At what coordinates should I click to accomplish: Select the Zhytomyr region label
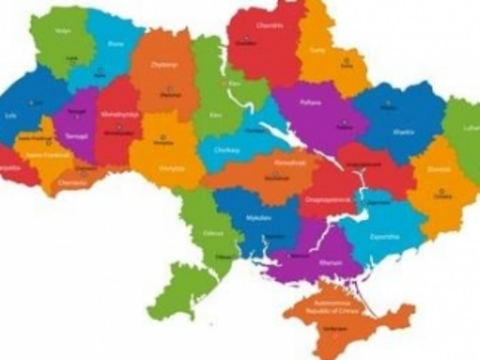(x=165, y=65)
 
